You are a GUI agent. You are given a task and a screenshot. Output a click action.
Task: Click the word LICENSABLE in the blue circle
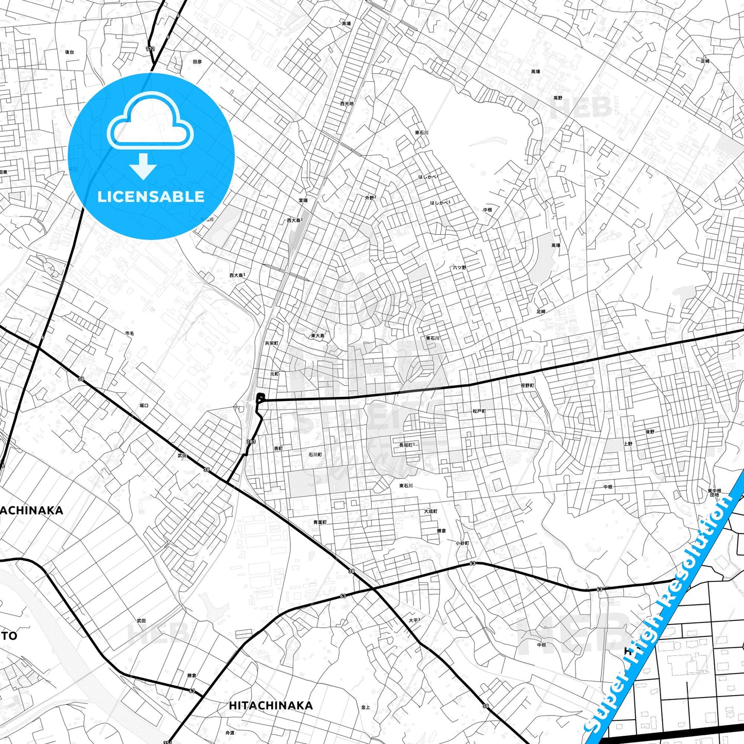pyautogui.click(x=150, y=197)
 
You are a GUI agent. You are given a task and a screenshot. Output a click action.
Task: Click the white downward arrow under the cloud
pyautogui.click(x=143, y=167)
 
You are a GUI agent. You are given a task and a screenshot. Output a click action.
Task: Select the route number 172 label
pyautogui.click(x=150, y=49)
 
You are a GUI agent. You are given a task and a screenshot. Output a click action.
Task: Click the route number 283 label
pyautogui.click(x=251, y=442)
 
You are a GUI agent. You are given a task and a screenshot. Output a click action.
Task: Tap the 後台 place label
pyautogui.click(x=70, y=52)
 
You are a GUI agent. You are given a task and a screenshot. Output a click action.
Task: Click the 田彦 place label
pyautogui.click(x=197, y=62)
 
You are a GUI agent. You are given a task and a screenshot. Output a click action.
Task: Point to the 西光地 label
pyautogui.click(x=347, y=103)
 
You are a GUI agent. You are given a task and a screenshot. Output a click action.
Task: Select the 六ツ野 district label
pyautogui.click(x=459, y=268)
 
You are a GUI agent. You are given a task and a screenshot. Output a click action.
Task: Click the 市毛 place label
pyautogui.click(x=129, y=334)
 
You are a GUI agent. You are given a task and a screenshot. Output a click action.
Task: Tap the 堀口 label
pyautogui.click(x=144, y=406)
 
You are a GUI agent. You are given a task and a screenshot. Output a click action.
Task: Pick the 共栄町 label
pyautogui.click(x=271, y=343)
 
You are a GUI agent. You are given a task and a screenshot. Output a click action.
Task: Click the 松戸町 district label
pyautogui.click(x=479, y=411)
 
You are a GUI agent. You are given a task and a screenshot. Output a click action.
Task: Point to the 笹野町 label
pyautogui.click(x=527, y=386)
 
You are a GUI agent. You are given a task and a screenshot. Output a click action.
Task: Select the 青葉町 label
pyautogui.click(x=320, y=522)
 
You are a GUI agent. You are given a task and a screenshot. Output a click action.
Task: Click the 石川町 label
pyautogui.click(x=315, y=455)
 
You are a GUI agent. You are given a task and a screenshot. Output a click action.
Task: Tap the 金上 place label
pyautogui.click(x=366, y=707)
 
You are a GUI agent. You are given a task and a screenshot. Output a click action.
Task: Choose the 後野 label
pyautogui.click(x=650, y=431)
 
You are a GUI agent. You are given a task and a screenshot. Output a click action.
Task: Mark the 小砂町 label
pyautogui.click(x=462, y=543)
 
